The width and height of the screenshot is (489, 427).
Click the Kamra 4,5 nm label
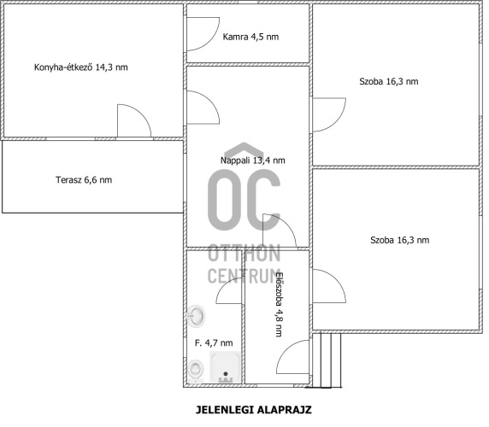(250, 37)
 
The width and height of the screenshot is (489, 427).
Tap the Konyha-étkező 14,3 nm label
(80, 67)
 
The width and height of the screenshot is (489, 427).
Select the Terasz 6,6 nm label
(84, 179)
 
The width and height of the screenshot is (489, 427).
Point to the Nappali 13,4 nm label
(252, 161)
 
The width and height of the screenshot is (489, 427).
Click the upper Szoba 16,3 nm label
(389, 82)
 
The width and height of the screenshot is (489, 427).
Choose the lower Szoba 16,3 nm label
(399, 240)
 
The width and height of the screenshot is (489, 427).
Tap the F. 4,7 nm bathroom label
(214, 343)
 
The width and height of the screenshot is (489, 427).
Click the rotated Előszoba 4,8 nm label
(280, 304)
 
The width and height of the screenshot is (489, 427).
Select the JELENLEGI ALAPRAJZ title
(254, 410)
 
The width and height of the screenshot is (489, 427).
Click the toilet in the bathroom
(196, 371)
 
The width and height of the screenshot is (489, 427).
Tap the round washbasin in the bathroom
(196, 316)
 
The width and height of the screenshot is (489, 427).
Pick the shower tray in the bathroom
(225, 367)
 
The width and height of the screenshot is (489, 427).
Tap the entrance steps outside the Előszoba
(327, 360)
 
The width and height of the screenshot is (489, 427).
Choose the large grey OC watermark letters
(244, 200)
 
